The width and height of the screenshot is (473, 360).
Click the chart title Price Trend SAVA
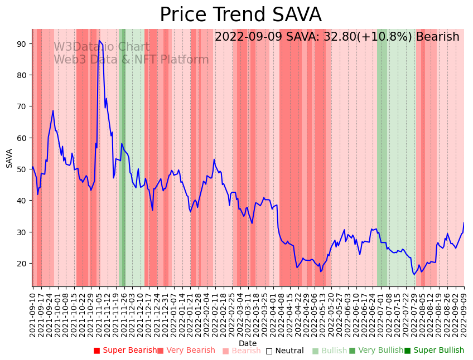[x=240, y=15]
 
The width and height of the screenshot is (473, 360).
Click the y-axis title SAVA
[x=9, y=158]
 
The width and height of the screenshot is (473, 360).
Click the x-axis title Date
[x=248, y=343]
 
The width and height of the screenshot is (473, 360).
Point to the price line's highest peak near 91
[x=99, y=41]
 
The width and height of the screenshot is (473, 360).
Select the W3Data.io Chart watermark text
[x=102, y=47]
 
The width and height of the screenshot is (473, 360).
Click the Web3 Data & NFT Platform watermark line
[x=131, y=60]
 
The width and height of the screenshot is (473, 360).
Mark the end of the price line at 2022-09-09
[x=464, y=223]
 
